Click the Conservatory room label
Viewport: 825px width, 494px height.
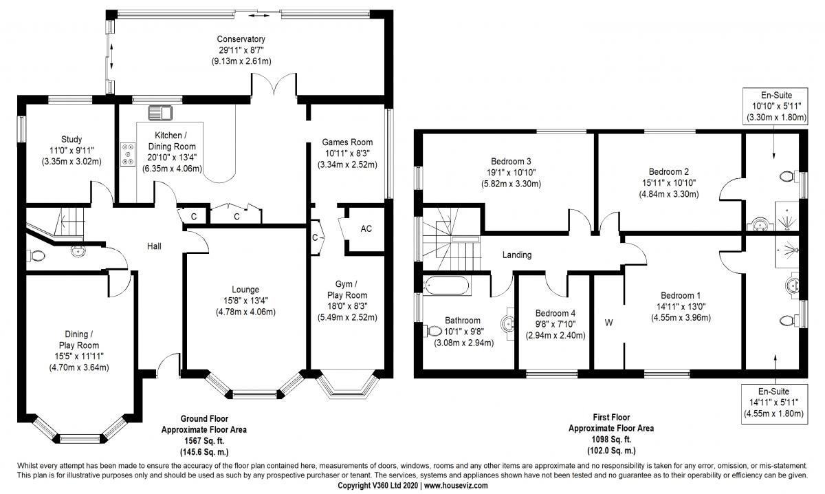coord(241,39)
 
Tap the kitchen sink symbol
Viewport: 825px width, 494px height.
coord(160,113)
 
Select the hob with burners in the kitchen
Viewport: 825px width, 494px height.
coord(128,154)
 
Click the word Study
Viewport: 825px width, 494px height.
coord(71,140)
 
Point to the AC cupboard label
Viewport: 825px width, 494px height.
coord(366,229)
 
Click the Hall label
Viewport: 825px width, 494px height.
coord(154,246)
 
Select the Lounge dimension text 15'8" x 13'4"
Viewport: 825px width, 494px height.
coord(245,301)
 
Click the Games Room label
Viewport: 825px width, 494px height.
coord(347,142)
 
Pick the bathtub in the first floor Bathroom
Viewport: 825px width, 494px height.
coord(446,286)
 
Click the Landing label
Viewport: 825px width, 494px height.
coord(517,255)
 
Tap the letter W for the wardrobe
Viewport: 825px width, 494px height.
coord(609,323)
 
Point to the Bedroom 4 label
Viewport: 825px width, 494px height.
coord(555,313)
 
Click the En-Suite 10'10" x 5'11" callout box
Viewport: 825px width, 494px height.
coord(775,106)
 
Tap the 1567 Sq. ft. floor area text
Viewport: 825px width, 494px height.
coord(204,441)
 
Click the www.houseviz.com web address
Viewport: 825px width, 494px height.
coord(456,486)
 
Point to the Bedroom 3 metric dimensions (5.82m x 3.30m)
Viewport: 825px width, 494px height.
coord(511,184)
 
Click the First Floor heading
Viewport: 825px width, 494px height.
coord(611,418)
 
